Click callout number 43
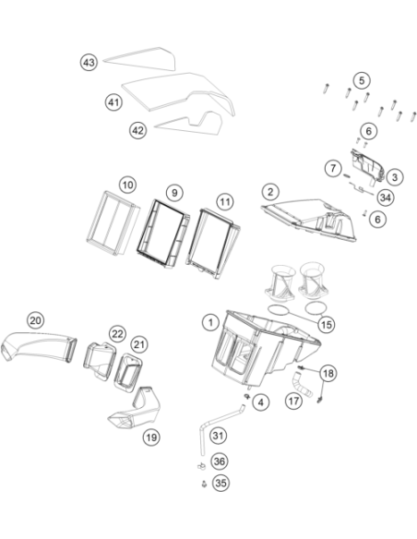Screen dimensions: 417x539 89,63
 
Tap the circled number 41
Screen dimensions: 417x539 113,102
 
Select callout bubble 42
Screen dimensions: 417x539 137,131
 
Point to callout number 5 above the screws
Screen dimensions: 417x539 362,80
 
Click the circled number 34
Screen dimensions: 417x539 386,198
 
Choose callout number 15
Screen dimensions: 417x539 326,324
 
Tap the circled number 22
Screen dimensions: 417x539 117,334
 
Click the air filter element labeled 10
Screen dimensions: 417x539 112,223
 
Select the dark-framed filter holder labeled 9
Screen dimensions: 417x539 163,234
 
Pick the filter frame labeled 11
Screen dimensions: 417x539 213,243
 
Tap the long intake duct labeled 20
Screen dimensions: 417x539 39,346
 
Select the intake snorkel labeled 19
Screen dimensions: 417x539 137,411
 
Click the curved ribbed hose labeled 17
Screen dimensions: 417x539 302,384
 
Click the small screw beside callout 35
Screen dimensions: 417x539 205,484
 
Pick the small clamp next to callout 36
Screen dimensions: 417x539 201,466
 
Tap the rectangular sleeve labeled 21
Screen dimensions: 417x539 128,373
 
